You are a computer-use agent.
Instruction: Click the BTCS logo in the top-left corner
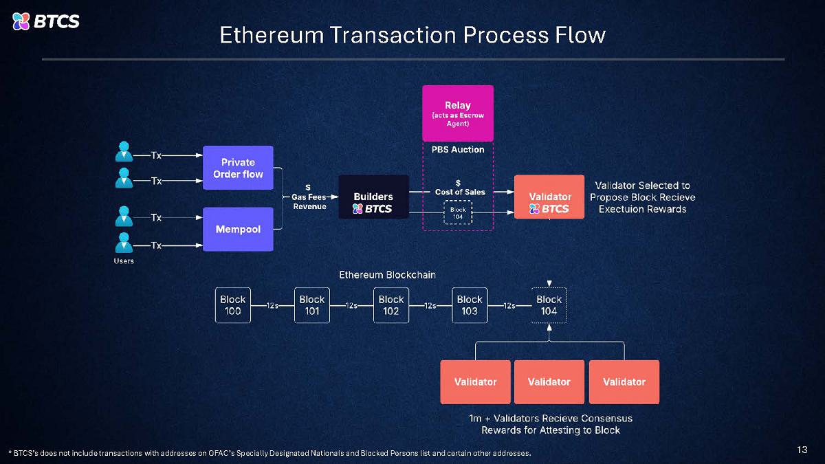click(x=45, y=21)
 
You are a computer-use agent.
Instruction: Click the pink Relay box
click(x=457, y=113)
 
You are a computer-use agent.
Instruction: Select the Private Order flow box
click(x=238, y=168)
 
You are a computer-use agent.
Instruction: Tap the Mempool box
click(x=238, y=229)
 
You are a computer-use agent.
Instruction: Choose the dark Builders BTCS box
click(x=373, y=197)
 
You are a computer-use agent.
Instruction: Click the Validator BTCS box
click(x=549, y=197)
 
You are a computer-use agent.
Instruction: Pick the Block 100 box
click(x=232, y=305)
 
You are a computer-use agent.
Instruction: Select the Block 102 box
click(x=391, y=305)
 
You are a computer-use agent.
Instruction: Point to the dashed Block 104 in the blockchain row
click(x=549, y=305)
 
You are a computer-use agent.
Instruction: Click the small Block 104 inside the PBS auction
click(x=458, y=212)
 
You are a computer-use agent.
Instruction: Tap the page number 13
click(x=802, y=450)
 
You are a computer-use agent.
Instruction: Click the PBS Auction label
click(x=458, y=149)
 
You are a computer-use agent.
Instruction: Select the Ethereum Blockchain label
click(x=387, y=275)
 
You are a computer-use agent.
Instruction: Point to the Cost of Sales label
click(x=459, y=191)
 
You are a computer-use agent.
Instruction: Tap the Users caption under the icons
click(x=124, y=261)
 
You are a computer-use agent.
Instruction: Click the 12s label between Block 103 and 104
click(x=509, y=306)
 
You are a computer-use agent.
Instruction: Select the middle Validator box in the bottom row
click(x=549, y=382)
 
